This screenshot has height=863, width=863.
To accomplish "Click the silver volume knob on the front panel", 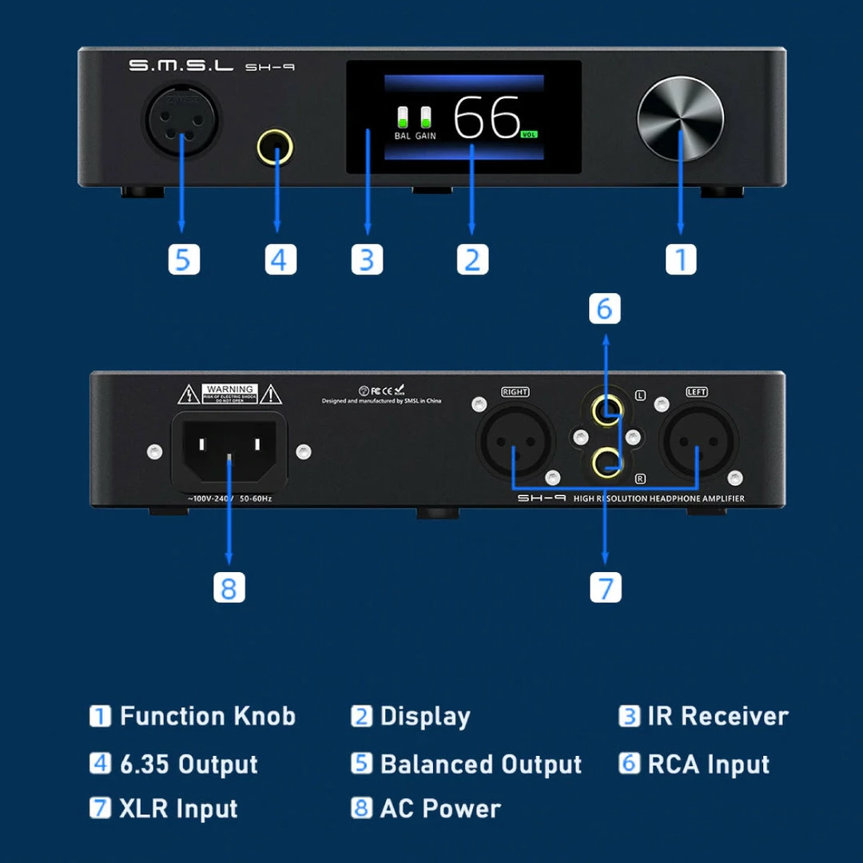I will pyautogui.click(x=680, y=119).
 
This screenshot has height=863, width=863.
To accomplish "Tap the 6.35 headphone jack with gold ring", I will pyautogui.click(x=275, y=148).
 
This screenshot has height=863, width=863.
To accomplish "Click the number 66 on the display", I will pyautogui.click(x=486, y=117).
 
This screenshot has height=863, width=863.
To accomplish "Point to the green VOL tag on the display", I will pyautogui.click(x=529, y=135).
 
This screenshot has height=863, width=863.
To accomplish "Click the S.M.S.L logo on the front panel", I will pyautogui.click(x=181, y=66).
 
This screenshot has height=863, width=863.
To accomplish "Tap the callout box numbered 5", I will pyautogui.click(x=184, y=260).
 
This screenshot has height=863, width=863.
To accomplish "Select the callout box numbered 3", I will pyautogui.click(x=367, y=260).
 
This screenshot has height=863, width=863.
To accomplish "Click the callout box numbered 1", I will pyautogui.click(x=681, y=260).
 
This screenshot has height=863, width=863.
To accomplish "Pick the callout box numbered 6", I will pyautogui.click(x=605, y=308).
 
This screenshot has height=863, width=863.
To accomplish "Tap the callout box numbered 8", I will pyautogui.click(x=229, y=588).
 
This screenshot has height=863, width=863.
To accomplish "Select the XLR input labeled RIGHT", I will pyautogui.click(x=515, y=441).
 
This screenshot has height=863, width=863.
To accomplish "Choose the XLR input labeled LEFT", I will pyautogui.click(x=697, y=441).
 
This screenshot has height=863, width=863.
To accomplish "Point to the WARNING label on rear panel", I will pyautogui.click(x=229, y=393).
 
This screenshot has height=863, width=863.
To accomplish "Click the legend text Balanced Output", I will pyautogui.click(x=480, y=764).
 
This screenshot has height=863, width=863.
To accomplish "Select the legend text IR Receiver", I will pyautogui.click(x=717, y=716).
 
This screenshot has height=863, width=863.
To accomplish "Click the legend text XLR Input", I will pyautogui.click(x=178, y=809).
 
